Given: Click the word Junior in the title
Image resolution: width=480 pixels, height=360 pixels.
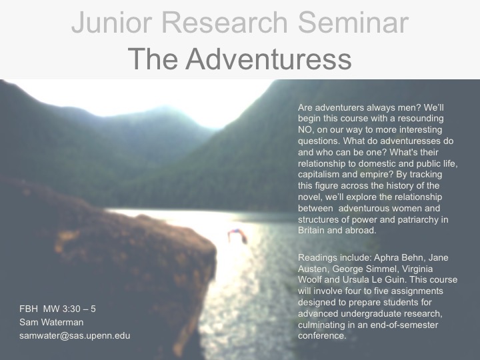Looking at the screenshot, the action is tap(112, 23).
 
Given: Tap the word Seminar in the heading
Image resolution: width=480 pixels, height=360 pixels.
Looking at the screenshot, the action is tap(353, 23).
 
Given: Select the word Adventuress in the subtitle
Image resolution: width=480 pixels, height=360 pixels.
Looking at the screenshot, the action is tap(268, 59).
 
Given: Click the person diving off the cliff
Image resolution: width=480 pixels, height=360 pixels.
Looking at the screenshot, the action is tap(237, 236).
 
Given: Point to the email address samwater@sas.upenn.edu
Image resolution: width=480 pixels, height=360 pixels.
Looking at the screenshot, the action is tap(75, 336).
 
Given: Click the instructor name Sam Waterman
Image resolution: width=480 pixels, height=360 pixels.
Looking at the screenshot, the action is tap(51, 323).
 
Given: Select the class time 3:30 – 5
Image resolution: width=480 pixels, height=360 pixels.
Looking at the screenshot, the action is tap(79, 309).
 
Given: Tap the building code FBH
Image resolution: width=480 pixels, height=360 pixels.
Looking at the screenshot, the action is tap(29, 309).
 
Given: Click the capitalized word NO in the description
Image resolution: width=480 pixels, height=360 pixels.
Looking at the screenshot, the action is tap(305, 130).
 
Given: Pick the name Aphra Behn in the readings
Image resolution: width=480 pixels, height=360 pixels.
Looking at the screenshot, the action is tap(399, 258).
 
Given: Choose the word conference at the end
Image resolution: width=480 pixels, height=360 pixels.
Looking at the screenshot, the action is tap(322, 336).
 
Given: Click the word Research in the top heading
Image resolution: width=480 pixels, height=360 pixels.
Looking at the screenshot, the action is tap(225, 23).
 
